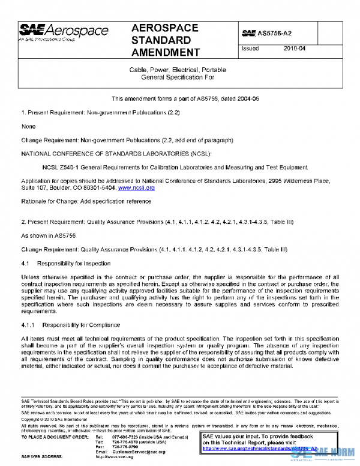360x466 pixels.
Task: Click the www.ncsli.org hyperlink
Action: [137, 188]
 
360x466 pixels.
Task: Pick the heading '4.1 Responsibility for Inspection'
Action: [66, 264]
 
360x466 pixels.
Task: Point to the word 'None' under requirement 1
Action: [28, 127]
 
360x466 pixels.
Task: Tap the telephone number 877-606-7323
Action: [124, 437]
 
